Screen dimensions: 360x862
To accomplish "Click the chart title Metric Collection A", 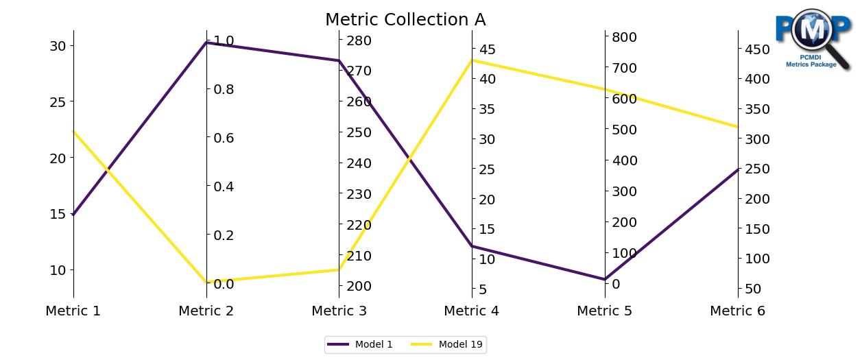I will pyautogui.click(x=405, y=20).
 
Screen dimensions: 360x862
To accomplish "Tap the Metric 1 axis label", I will pyautogui.click(x=73, y=311).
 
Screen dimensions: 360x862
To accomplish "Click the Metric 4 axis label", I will pyautogui.click(x=471, y=311).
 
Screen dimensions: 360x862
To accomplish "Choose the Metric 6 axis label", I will pyautogui.click(x=737, y=311).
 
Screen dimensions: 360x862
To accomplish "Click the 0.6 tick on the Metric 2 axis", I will pyautogui.click(x=223, y=138).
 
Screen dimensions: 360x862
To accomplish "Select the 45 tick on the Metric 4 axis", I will pyautogui.click(x=488, y=49).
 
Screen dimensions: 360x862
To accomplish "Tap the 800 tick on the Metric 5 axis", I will pyautogui.click(x=624, y=37).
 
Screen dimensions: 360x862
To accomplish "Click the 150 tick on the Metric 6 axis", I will pyautogui.click(x=756, y=229).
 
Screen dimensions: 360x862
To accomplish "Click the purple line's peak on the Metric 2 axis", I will pyautogui.click(x=206, y=43).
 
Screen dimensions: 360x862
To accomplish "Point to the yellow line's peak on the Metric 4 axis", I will pyautogui.click(x=472, y=60).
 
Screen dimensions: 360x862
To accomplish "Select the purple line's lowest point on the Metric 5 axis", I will pyautogui.click(x=605, y=279).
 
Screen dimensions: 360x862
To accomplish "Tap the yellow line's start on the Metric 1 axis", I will pyautogui.click(x=73, y=131).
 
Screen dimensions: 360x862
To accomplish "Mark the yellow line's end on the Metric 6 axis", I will pyautogui.click(x=738, y=127).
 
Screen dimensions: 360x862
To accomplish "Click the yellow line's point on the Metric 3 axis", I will pyautogui.click(x=339, y=269).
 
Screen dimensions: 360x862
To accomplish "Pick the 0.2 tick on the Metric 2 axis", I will pyautogui.click(x=223, y=235).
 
